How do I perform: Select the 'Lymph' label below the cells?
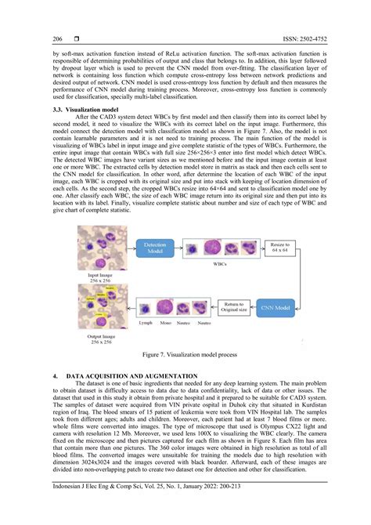click(x=146, y=323)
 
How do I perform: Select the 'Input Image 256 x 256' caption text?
click(x=103, y=278)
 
